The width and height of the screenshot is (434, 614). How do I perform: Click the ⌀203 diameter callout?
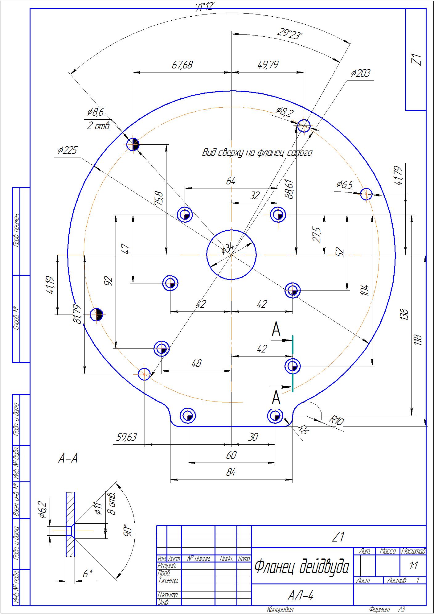360,74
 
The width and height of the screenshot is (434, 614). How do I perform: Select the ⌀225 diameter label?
67,150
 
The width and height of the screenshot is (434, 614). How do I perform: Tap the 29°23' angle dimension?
289,34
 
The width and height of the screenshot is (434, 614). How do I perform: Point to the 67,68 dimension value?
182,65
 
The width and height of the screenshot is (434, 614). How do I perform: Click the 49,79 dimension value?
268,65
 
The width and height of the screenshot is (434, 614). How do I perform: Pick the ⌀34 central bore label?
227,248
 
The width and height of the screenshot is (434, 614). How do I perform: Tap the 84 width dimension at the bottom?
231,472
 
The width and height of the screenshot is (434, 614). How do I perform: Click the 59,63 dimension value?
126,437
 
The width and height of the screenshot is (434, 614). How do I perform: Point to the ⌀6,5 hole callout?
345,185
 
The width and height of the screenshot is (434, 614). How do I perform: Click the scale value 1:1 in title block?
413,566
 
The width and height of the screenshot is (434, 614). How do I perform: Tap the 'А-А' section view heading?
68,459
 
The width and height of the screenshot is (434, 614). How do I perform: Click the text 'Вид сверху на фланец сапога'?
257,153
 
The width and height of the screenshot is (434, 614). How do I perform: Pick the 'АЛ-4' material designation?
301,596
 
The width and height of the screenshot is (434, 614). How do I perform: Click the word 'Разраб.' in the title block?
166,566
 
